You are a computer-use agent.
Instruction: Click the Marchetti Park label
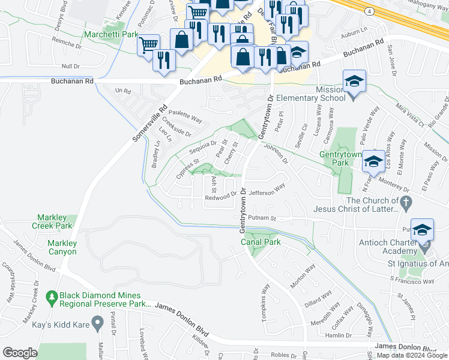click(112, 35)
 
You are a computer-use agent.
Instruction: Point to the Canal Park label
click(260, 241)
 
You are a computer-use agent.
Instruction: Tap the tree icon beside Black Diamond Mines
click(52, 296)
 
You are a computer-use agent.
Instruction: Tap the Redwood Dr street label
click(221, 196)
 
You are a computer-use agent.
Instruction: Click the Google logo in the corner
click(20, 353)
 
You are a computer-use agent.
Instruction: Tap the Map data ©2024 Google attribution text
click(412, 355)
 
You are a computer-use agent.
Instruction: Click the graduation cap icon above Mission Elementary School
click(354, 80)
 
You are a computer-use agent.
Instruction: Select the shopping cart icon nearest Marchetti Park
click(148, 44)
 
